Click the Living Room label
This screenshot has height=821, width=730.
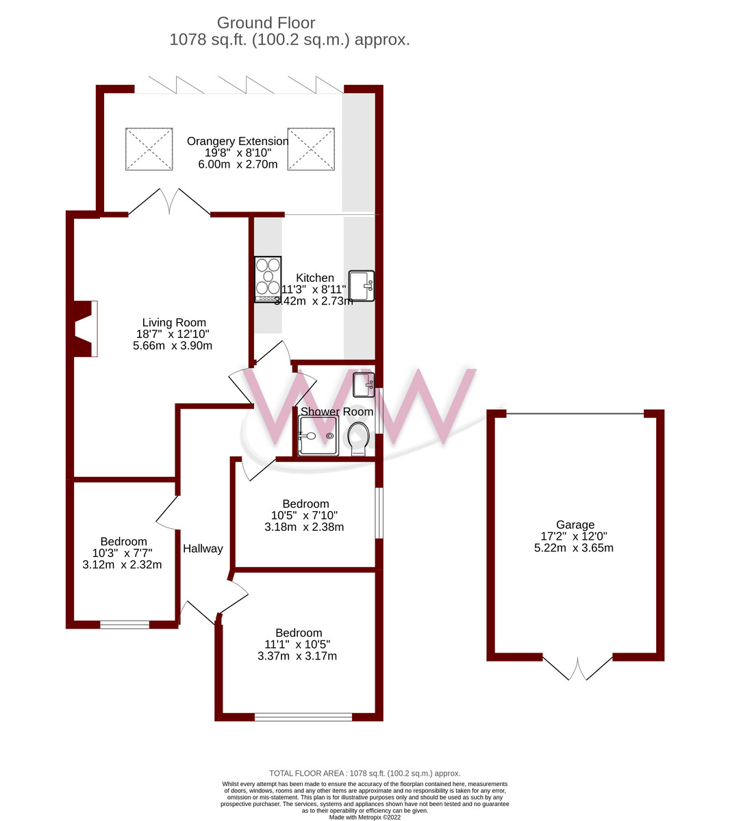coord(174,323)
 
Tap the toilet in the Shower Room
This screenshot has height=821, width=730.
coord(359,439)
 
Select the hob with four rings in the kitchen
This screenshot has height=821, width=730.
coord(268,279)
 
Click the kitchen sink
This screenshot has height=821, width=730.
coord(362,285)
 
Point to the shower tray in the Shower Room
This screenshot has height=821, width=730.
coord(318,436)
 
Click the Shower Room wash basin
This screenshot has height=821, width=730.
coord(364,385)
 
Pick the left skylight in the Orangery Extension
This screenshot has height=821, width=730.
coord(149,148)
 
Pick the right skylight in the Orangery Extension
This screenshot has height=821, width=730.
coord(311,148)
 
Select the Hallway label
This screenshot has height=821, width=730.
coord(203,549)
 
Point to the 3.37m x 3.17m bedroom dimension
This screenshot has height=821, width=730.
coord(297,656)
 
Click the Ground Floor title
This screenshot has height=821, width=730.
coord(266,23)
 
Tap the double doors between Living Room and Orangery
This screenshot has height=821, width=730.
coord(169,203)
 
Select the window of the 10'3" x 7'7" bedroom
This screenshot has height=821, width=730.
coord(125,624)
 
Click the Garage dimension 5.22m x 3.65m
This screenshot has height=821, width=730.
coord(574,548)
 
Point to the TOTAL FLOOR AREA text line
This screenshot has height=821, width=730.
coord(364,773)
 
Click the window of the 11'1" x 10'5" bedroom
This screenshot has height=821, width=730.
coord(303,717)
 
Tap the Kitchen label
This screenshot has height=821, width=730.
coord(315,278)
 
